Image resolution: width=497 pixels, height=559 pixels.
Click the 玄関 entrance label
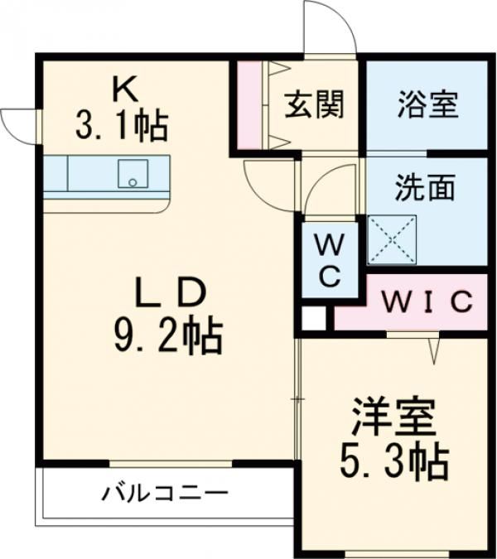315,106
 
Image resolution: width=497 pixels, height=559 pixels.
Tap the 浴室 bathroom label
427,106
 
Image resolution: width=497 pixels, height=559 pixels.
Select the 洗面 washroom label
424,189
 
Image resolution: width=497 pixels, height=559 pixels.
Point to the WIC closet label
427,301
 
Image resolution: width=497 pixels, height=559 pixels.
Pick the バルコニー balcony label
165,494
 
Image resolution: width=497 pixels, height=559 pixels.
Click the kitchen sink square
130,174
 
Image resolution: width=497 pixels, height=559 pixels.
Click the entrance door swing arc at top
329,29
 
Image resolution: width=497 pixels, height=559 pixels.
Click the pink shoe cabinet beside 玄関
248,106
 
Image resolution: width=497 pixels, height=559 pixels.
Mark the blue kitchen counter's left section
55,174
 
